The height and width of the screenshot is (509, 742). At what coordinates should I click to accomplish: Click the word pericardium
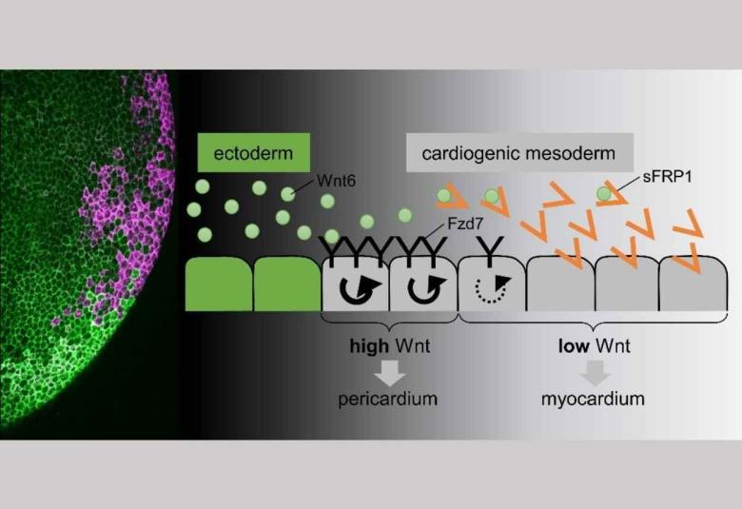click(x=388, y=399)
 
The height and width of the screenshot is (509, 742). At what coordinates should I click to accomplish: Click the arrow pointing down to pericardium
click(x=388, y=371)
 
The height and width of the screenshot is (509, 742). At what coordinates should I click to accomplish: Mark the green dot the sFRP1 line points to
click(x=603, y=194)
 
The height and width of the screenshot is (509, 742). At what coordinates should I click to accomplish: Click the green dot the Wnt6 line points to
click(x=287, y=193)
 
